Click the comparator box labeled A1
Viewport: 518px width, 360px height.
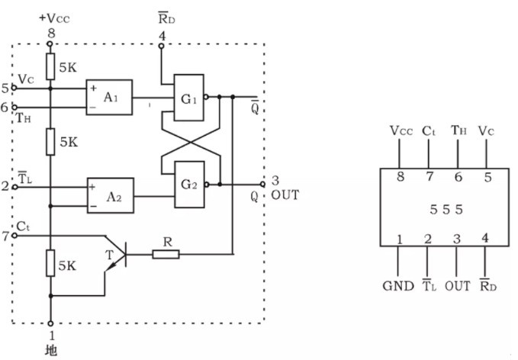[109, 98]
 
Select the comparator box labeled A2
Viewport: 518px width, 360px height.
[111, 195]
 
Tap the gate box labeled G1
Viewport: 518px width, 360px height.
[189, 98]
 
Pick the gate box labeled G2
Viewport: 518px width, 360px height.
[189, 185]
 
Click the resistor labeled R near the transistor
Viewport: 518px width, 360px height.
[166, 254]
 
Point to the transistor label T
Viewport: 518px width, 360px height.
[109, 255]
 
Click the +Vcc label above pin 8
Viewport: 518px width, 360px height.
[54, 18]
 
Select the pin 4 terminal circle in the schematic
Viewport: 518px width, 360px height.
[161, 46]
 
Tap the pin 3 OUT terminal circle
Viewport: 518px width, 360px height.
[262, 184]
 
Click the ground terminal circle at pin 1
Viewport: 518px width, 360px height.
[50, 323]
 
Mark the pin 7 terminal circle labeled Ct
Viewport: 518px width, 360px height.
[14, 236]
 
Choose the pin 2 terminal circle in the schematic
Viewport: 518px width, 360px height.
[14, 187]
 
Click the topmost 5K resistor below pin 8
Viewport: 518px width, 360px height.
[50, 66]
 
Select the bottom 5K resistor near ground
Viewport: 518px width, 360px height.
[50, 263]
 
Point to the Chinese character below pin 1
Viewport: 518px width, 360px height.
[51, 351]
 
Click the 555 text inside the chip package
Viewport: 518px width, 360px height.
[446, 210]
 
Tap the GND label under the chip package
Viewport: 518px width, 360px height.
[398, 286]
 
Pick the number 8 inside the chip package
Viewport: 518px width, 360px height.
[401, 177]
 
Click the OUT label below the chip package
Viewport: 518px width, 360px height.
[458, 286]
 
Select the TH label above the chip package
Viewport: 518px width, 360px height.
[458, 130]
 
